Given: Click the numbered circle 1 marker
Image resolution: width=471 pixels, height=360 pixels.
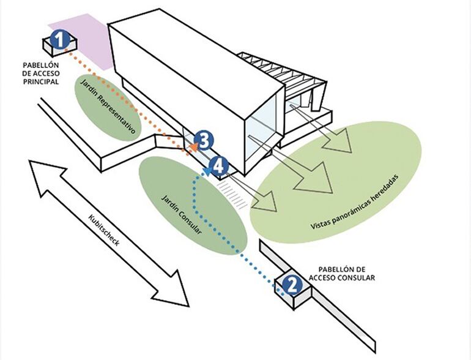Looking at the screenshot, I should pos(59,40).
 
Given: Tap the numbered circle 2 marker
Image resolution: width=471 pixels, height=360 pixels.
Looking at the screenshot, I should pos(292,283).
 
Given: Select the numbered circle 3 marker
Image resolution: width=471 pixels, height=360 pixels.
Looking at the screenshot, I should pos(204,141).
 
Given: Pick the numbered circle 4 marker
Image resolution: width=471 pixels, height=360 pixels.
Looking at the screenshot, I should pos(219,165).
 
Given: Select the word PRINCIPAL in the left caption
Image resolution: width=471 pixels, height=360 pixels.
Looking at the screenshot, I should pos(41,81).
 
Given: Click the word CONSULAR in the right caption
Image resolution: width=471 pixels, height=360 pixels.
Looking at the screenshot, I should pos(355,278).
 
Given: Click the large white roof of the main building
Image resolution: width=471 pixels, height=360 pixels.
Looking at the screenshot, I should pos(184,61).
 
